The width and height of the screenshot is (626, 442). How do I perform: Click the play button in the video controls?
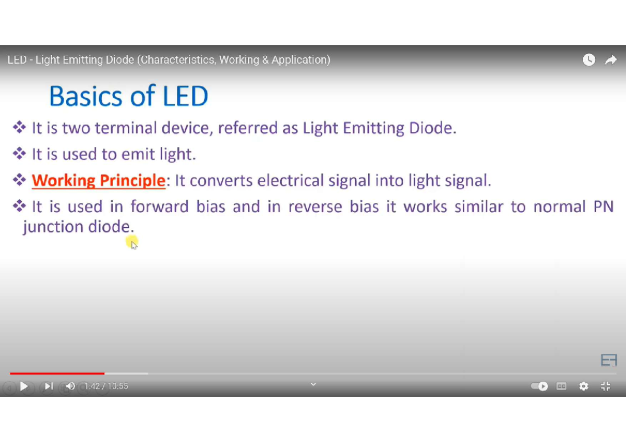24,386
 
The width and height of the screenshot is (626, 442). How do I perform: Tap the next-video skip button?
48,386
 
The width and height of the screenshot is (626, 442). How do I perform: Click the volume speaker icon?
70,386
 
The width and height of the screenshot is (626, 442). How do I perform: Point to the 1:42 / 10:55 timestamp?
106,386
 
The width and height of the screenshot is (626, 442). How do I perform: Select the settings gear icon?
584,386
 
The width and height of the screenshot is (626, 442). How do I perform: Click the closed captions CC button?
561,386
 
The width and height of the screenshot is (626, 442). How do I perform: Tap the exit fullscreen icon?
605,386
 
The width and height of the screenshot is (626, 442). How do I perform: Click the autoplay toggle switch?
539,386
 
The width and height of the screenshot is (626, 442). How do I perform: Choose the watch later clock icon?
589,60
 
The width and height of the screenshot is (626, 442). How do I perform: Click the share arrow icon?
610,60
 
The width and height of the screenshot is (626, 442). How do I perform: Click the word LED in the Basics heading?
185,96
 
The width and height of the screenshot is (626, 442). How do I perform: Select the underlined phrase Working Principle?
99,181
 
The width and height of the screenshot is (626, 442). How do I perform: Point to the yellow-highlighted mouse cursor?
133,243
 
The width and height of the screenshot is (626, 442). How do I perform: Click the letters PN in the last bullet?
603,207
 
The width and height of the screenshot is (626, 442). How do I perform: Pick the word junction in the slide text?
47,227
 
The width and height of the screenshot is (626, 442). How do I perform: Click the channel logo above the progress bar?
609,360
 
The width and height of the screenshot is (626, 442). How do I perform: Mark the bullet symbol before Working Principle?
20,180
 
